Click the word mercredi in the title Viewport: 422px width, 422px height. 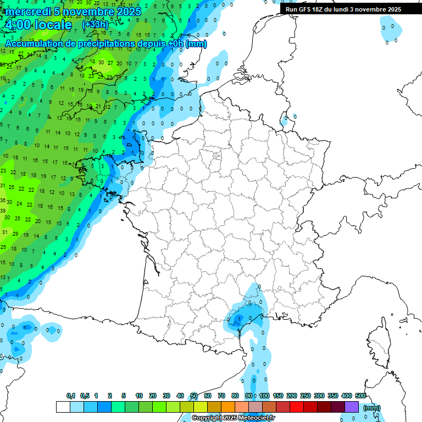pyautogui.click(x=27, y=12)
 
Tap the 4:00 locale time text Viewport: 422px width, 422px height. pyautogui.click(x=38, y=25)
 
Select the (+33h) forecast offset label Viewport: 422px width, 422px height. pyautogui.click(x=95, y=24)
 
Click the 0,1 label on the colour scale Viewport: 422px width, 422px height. pyautogui.click(x=71, y=396)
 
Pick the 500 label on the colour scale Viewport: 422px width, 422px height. pyautogui.click(x=360, y=396)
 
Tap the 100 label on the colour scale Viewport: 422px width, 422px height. pyautogui.click(x=264, y=396)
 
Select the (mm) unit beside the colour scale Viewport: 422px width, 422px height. pyautogui.click(x=372, y=408)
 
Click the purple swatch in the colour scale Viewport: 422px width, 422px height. pyautogui.click(x=352, y=407)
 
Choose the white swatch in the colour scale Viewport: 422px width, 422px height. pyautogui.click(x=63, y=407)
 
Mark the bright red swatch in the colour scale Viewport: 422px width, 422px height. pyautogui.click(x=297, y=407)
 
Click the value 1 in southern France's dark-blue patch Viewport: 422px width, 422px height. pyautogui.click(x=238, y=318)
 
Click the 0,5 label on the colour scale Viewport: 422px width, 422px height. pyautogui.click(x=85, y=396)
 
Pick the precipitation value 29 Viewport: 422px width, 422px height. pyautogui.click(x=15, y=234)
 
